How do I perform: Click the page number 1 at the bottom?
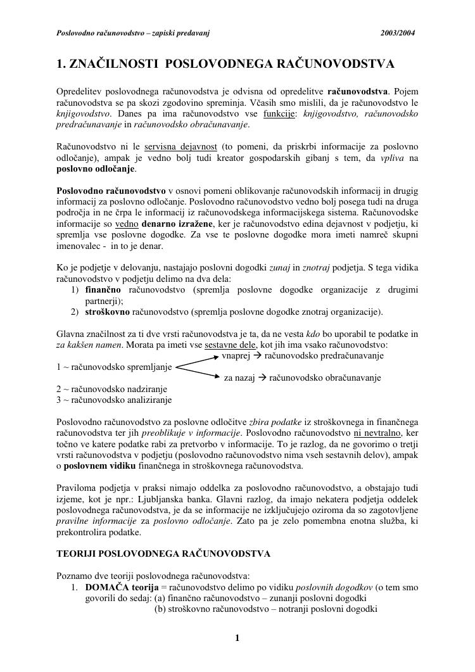click(x=237, y=638)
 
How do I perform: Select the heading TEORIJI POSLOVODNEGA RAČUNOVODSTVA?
click(x=163, y=554)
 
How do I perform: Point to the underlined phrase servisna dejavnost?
click(x=180, y=147)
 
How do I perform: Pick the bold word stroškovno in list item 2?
click(x=108, y=312)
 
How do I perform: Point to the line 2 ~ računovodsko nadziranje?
click(x=111, y=389)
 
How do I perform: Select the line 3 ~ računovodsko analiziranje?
click(x=114, y=400)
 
